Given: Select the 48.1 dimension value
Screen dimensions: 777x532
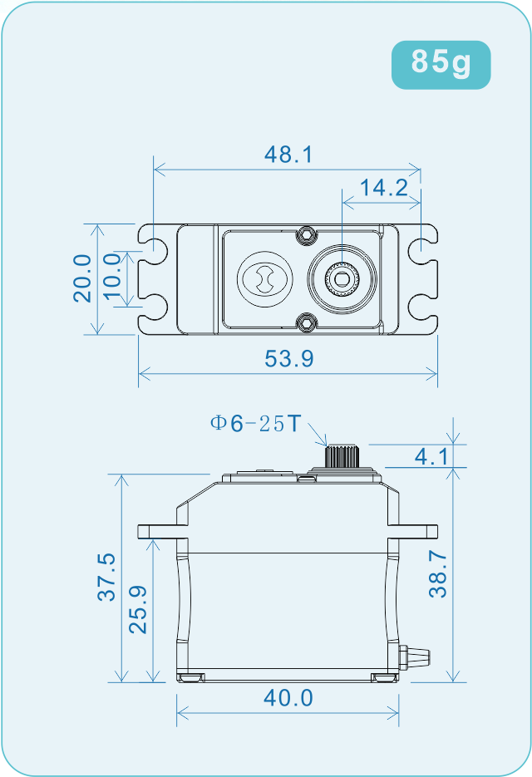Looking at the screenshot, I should (288, 155).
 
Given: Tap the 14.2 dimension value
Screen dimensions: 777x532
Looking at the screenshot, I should (382, 188).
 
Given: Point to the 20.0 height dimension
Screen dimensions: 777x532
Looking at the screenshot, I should (82, 278).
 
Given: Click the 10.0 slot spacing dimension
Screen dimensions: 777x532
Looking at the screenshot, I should (113, 278).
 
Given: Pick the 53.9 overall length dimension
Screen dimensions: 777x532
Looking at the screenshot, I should (288, 359).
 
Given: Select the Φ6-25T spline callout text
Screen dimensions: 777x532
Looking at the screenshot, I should (255, 424).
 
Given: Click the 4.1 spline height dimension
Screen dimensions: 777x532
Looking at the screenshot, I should (431, 456).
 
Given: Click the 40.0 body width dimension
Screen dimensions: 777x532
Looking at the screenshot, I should (288, 698).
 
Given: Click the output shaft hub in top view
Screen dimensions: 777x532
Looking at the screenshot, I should (341, 278).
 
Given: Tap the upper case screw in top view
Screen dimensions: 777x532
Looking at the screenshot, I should (308, 234).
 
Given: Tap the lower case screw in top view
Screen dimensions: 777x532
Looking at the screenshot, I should (308, 322).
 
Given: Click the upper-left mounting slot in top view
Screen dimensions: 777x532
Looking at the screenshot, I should (153, 245).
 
